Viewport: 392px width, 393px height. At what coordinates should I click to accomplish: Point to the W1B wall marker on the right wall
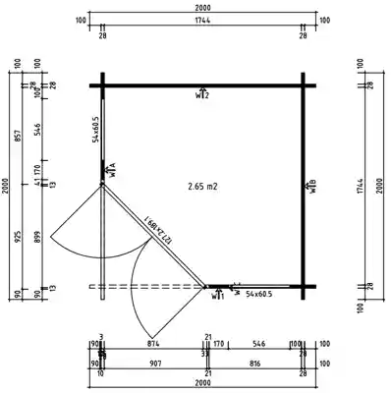311,186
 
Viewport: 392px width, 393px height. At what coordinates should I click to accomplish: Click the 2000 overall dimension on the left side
7,186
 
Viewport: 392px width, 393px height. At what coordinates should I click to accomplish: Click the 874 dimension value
153,345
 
